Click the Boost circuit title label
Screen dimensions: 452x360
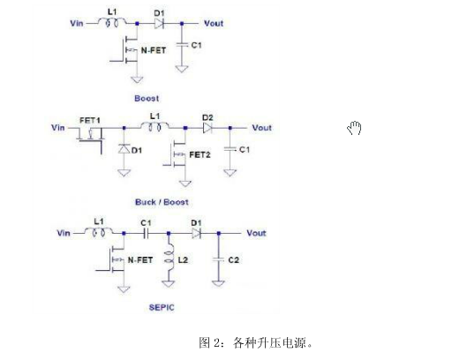(147, 98)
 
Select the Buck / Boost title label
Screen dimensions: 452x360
(162, 202)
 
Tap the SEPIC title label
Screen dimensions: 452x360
(162, 307)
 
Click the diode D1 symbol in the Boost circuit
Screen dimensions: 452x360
(159, 24)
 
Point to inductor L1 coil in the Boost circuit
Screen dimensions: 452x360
(112, 22)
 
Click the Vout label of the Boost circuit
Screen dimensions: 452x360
(214, 23)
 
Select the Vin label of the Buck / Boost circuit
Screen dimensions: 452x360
(58, 128)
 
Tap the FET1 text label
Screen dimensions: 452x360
(90, 120)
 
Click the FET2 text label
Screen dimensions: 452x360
(200, 154)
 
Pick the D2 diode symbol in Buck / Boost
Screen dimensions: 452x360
(207, 128)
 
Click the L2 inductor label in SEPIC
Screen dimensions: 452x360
(183, 260)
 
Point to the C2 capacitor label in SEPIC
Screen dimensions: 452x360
(233, 260)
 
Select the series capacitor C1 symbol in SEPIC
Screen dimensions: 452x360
(146, 234)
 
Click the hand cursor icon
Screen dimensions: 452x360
(354, 128)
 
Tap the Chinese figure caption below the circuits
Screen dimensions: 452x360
(255, 343)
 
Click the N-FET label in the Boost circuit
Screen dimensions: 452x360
(154, 50)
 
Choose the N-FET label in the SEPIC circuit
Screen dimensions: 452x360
(140, 260)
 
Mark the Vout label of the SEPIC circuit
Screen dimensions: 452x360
(256, 233)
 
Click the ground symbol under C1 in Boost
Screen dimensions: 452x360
(182, 69)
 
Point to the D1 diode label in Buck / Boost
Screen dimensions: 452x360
(137, 150)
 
